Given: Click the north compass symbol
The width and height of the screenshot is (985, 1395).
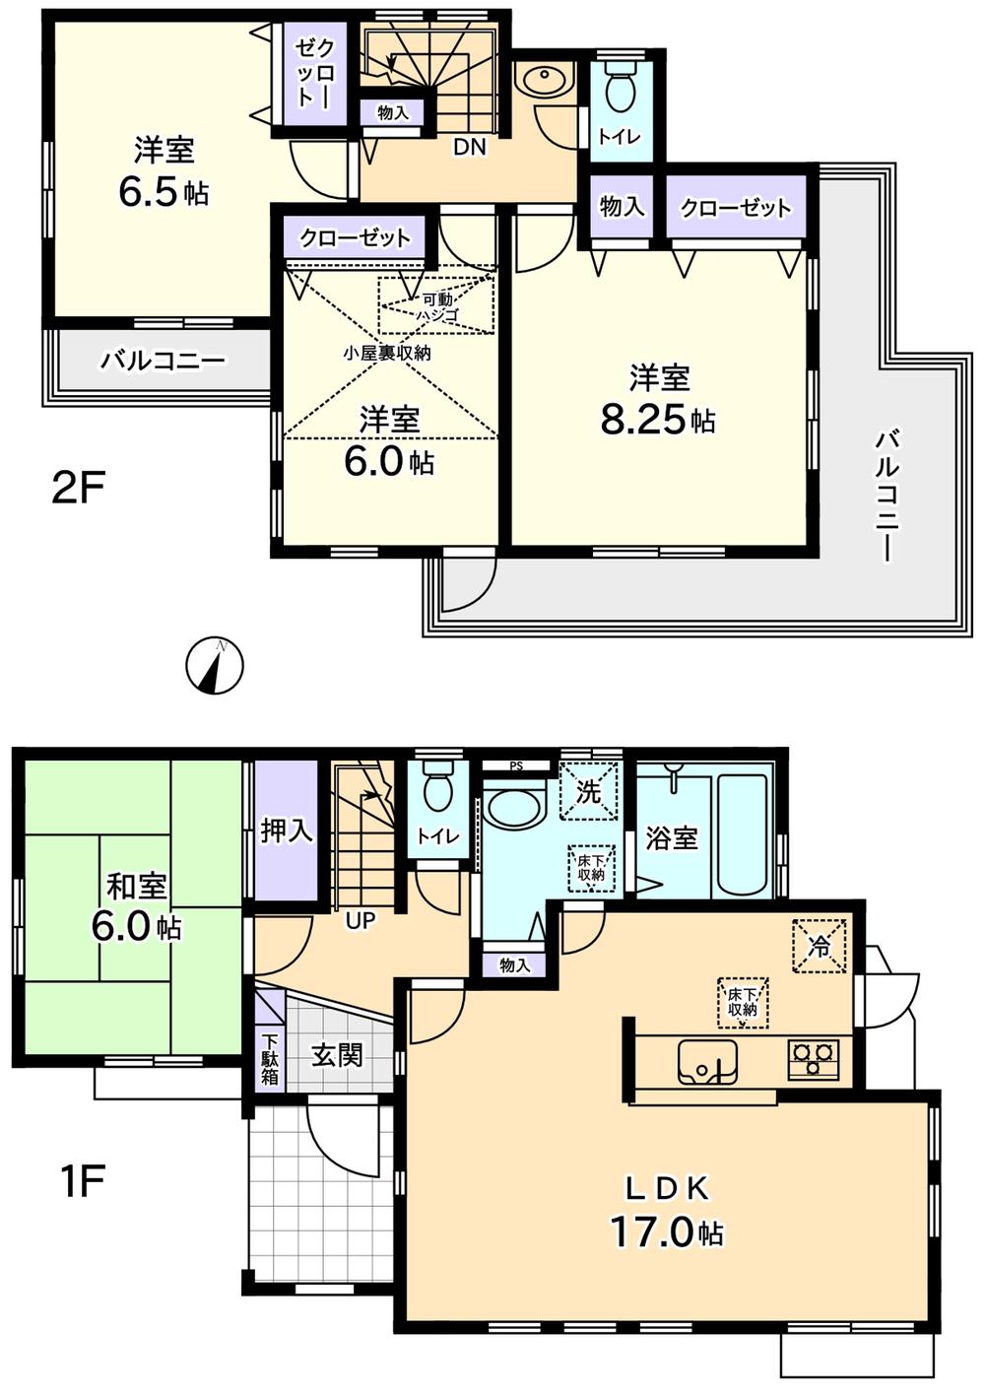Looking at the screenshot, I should point(215,666).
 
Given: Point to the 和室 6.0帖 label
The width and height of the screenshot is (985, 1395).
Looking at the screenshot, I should point(137,907).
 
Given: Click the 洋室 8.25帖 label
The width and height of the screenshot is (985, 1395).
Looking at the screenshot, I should point(658,400).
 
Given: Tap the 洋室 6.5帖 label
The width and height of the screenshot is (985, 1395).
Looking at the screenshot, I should point(164,171).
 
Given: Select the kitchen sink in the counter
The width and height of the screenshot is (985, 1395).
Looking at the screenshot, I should point(707,1061).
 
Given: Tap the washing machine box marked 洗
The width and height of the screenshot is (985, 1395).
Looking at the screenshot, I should point(588,791).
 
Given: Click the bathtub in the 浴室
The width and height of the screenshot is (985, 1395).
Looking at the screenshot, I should point(741,834).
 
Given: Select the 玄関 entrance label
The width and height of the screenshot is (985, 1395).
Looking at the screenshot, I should point(337,1054).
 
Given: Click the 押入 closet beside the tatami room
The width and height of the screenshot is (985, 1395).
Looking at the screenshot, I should point(287,831).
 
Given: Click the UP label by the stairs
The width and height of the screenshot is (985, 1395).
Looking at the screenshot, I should point(361,922).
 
